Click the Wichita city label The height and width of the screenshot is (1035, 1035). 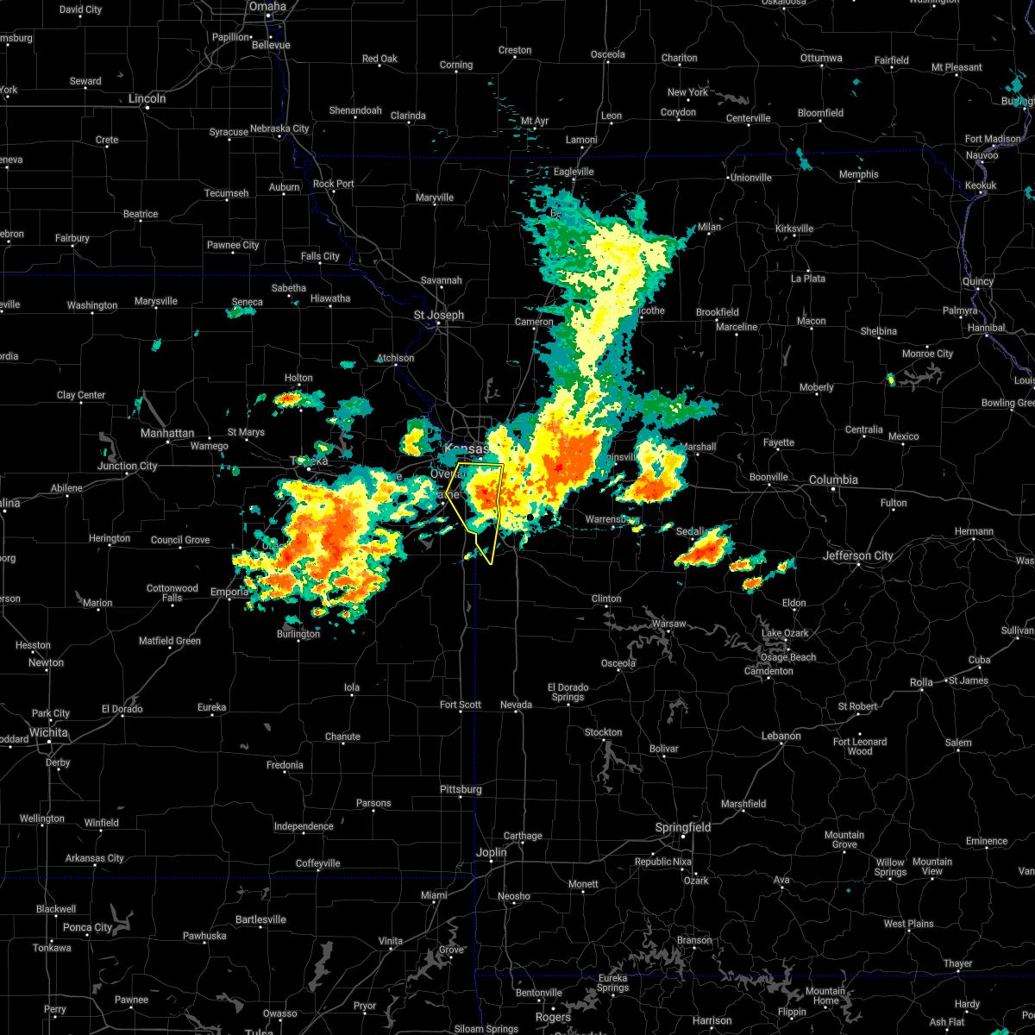(48, 732)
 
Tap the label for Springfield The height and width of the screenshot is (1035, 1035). (683, 827)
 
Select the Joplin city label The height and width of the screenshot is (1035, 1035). (492, 852)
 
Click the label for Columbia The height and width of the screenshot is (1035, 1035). (833, 480)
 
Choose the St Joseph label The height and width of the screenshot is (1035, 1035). (438, 315)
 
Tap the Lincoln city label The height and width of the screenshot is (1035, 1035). (147, 98)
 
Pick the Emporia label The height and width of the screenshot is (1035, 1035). (229, 593)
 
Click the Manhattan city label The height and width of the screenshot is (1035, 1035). (167, 433)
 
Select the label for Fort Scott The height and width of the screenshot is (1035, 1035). (461, 705)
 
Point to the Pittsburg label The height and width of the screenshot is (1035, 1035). (461, 789)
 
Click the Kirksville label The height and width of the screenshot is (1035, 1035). (793, 229)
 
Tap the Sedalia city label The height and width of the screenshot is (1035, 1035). (691, 532)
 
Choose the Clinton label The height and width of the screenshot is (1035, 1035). (606, 599)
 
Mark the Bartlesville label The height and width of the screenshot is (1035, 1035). (260, 919)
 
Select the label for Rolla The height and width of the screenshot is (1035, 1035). (921, 682)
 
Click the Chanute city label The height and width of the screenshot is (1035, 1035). (342, 737)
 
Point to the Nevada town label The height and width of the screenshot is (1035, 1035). (517, 705)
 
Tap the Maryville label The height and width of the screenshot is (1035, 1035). (435, 198)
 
